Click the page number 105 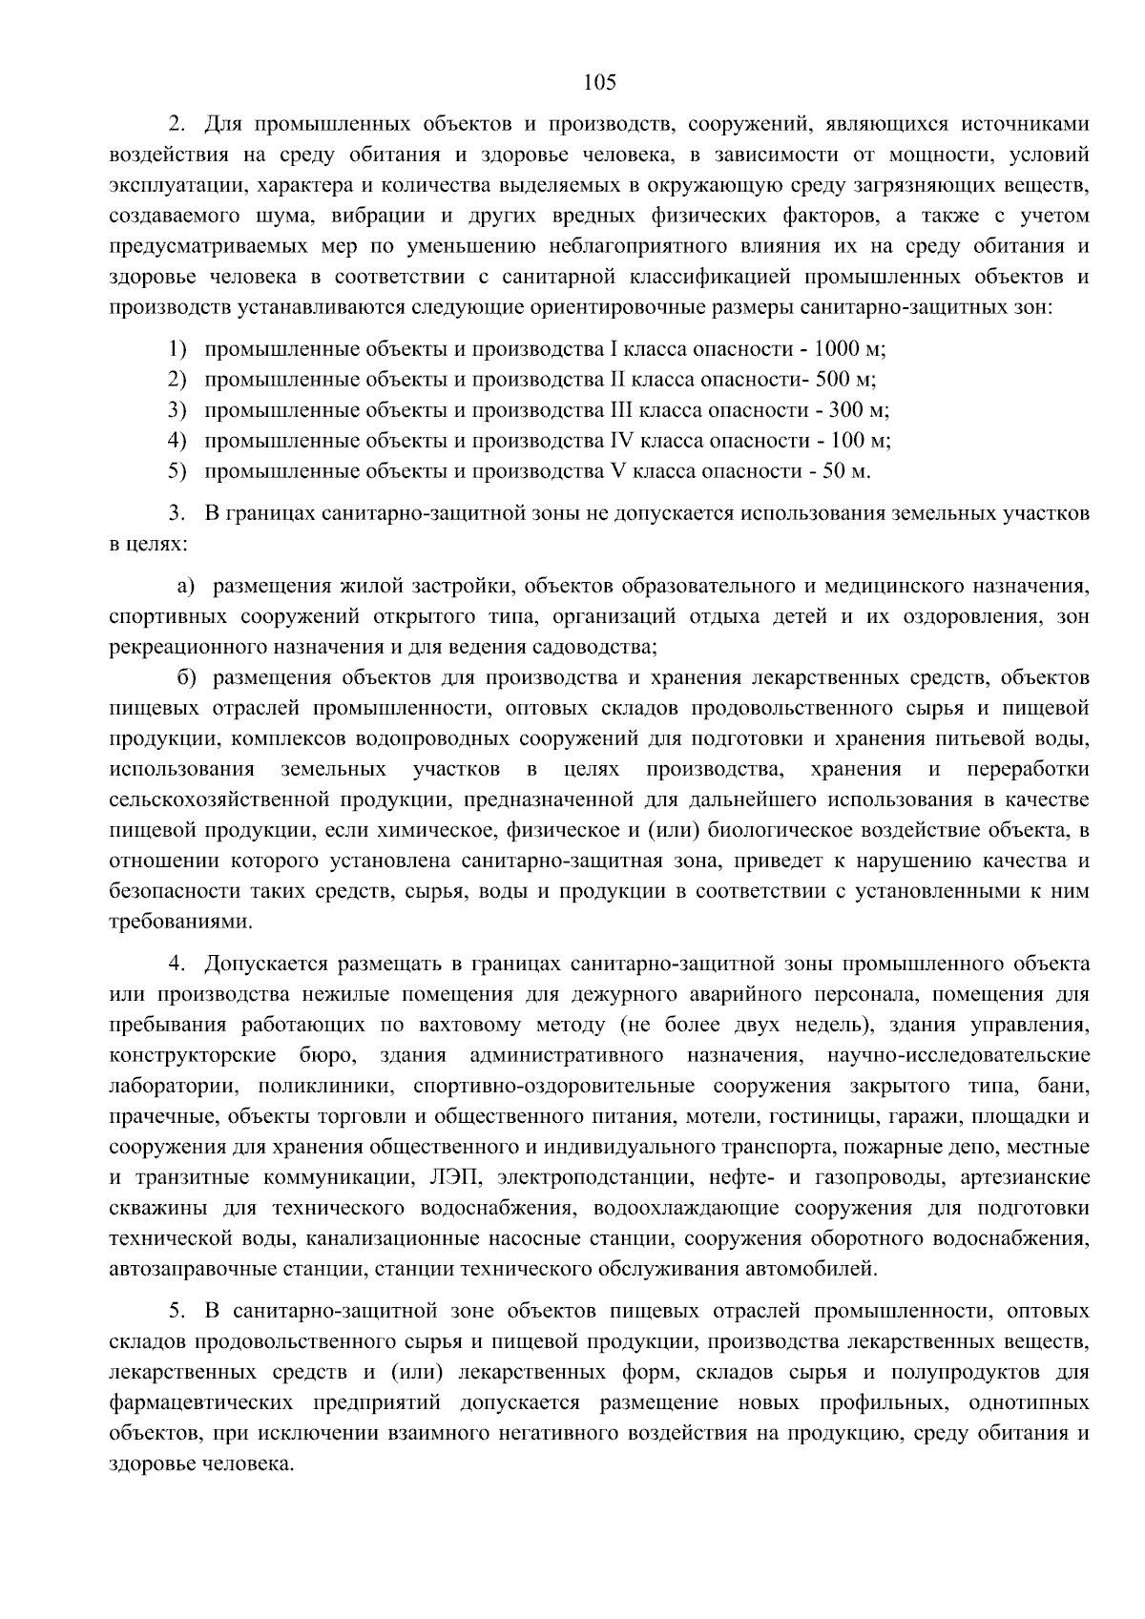click(x=600, y=82)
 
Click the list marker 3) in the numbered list click(x=177, y=409)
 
